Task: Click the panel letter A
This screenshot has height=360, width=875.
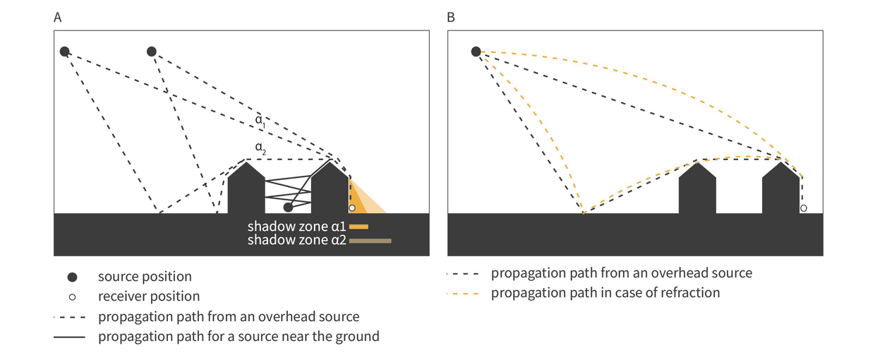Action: click(x=58, y=18)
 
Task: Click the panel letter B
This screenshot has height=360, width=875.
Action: click(x=452, y=18)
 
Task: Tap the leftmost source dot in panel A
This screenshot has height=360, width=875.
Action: click(x=64, y=52)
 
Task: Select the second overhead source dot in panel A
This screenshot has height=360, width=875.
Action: click(x=151, y=52)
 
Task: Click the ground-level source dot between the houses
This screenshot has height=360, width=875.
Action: click(x=288, y=208)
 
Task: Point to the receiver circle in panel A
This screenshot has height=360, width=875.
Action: click(x=352, y=208)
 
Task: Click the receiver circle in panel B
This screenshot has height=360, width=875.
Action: click(x=803, y=208)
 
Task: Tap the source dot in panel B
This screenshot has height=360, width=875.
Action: click(x=476, y=52)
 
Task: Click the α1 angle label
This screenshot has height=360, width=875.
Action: click(x=260, y=121)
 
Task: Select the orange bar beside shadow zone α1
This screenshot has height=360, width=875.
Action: click(x=358, y=227)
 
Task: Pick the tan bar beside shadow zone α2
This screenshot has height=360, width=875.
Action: click(x=370, y=241)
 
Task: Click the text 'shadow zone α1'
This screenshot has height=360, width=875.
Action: click(x=296, y=227)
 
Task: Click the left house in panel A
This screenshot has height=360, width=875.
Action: click(x=246, y=191)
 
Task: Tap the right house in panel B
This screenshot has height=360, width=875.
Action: click(x=780, y=191)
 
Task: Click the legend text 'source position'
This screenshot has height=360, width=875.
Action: click(x=145, y=277)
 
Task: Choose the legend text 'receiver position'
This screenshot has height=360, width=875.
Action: click(x=149, y=296)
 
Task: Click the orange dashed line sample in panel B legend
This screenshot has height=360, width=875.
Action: click(x=463, y=293)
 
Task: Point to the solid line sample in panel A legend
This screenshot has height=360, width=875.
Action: click(x=69, y=337)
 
